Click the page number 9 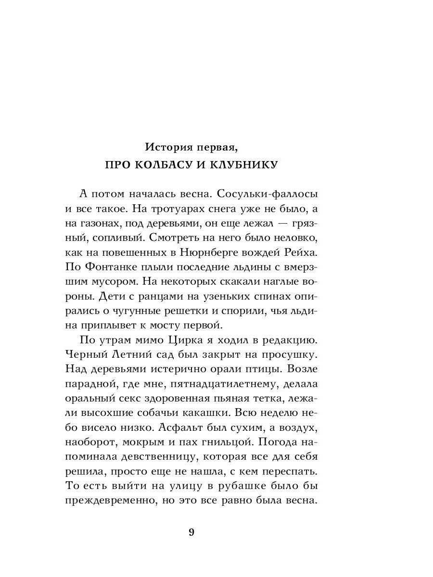[x=191, y=532]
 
